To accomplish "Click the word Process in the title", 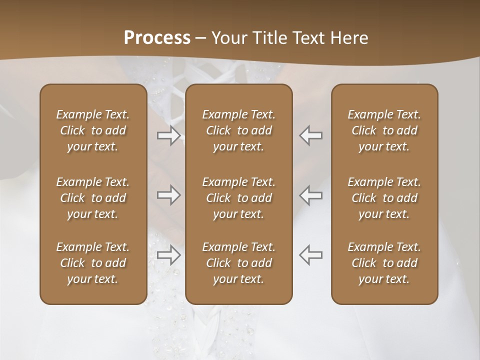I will click(157, 38).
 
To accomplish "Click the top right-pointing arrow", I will click(169, 135).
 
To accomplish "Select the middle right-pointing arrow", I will click(169, 195).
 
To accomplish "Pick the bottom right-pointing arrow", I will click(169, 255).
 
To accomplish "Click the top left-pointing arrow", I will click(310, 135).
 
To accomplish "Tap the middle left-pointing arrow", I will click(310, 195).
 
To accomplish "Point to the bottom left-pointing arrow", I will click(310, 255).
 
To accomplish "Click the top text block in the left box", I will click(93, 130).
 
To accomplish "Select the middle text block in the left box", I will click(93, 198).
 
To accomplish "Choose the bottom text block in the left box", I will click(93, 263).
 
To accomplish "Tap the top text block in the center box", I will click(239, 130).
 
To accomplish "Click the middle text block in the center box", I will click(239, 198).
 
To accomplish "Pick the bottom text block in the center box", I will click(239, 263).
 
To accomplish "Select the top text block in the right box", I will click(384, 130).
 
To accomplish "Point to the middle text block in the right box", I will click(384, 198).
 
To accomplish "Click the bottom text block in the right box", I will click(384, 263).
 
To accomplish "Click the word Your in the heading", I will click(228, 38).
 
